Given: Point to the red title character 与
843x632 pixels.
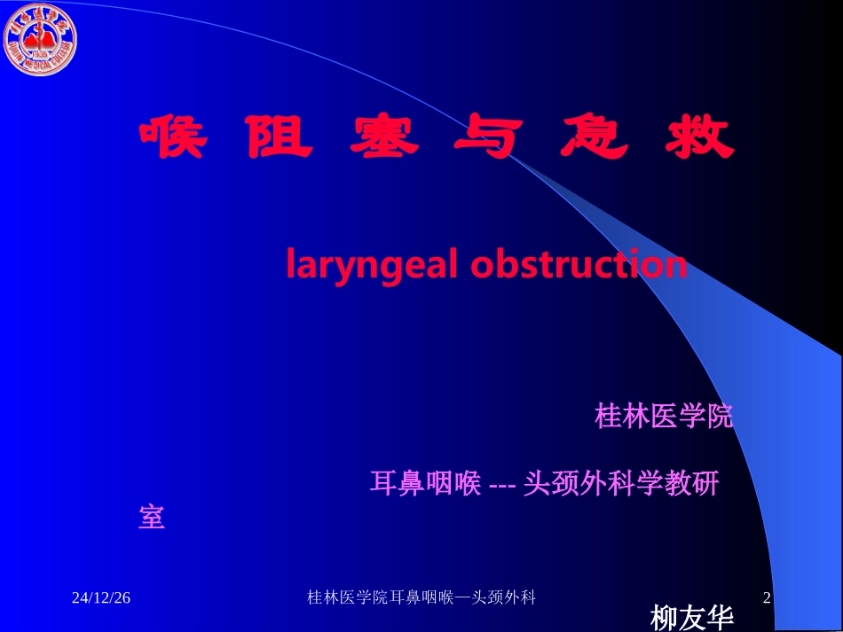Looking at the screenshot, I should tap(486, 138).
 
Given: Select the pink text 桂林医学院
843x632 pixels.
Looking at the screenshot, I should tap(664, 417).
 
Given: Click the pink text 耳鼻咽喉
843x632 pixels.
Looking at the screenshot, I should tap(425, 484).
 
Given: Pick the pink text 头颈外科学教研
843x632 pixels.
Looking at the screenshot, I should tap(621, 484).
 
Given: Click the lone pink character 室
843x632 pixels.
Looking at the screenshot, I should tap(152, 518).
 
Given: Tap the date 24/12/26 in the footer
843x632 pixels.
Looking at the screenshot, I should tap(101, 598).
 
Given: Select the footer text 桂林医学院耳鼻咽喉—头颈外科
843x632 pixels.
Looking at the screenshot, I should tap(421, 598).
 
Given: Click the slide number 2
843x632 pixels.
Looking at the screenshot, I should tap(768, 598).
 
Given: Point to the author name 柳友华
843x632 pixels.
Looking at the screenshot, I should tap(692, 617).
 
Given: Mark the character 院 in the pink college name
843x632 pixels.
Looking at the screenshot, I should tap(720, 417).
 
